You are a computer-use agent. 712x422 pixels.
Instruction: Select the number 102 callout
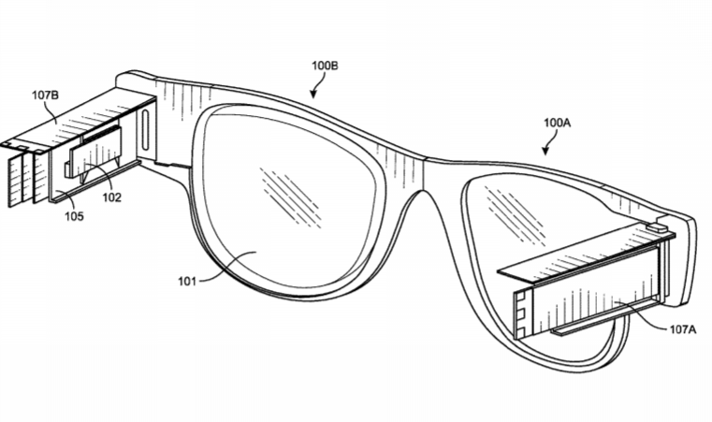point(113,197)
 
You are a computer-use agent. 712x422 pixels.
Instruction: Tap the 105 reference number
point(74,217)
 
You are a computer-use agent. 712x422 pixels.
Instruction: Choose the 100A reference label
point(558,123)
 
